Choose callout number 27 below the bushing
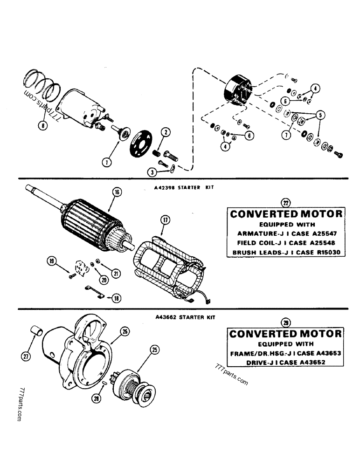[x=25, y=356]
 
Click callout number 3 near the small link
[x=152, y=172]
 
